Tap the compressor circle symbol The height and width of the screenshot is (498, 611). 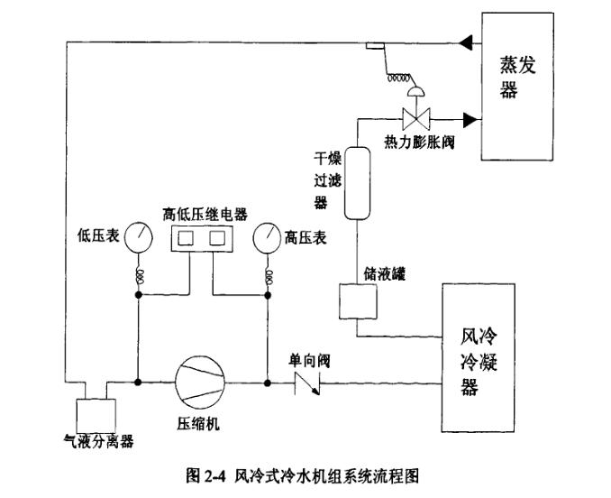pos(198,382)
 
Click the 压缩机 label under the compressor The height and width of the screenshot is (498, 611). pos(198,423)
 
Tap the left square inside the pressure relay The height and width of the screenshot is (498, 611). pos(189,239)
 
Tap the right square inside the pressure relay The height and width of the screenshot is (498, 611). pos(217,239)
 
